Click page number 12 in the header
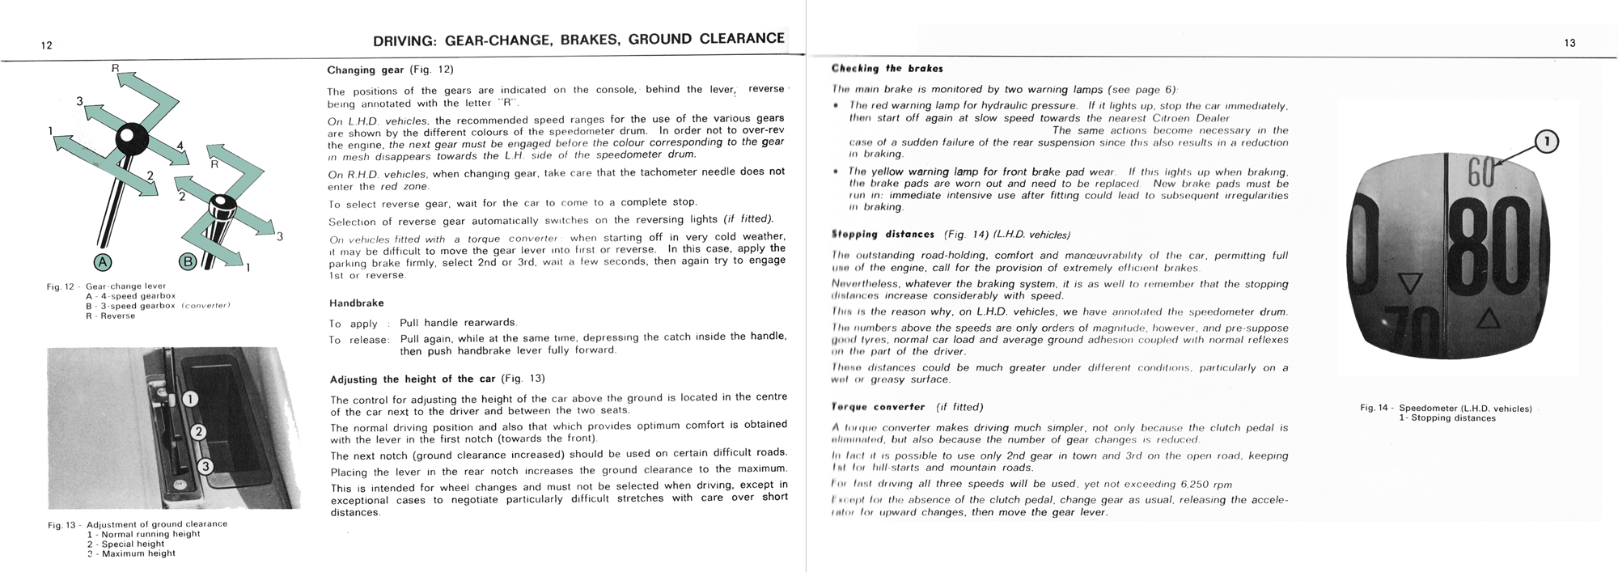click(x=46, y=45)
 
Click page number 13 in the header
click(x=1569, y=44)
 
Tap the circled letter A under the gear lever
click(x=104, y=261)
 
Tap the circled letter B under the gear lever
click(x=188, y=261)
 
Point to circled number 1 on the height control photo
click(x=190, y=399)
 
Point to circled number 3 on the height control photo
click(x=205, y=466)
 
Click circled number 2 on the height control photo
click(x=198, y=432)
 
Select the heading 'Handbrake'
click(x=356, y=303)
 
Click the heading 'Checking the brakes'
click(x=887, y=69)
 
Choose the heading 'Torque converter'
click(x=878, y=407)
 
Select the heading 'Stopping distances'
click(x=883, y=235)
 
